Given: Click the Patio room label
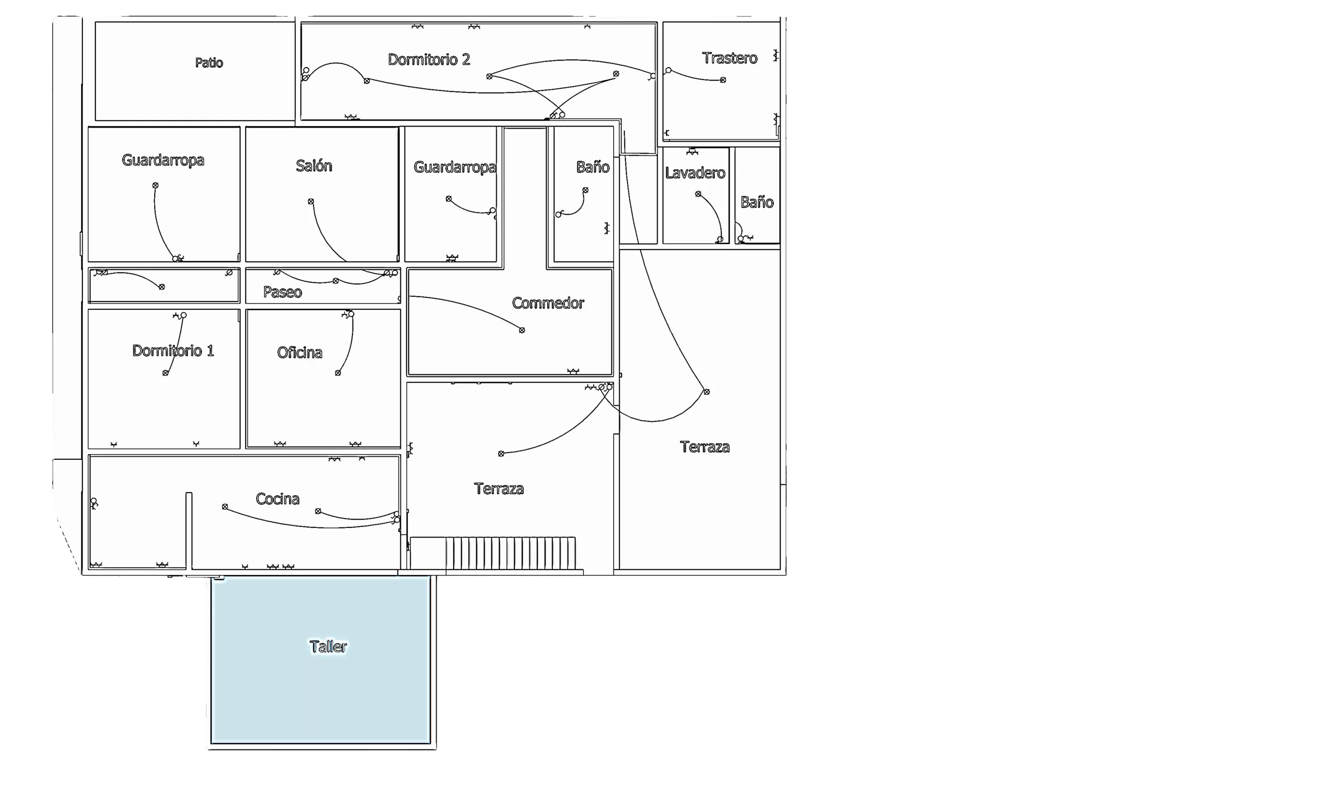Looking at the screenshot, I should click(x=209, y=63).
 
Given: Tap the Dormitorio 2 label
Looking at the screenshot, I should click(x=429, y=60).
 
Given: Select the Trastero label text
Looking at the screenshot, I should click(x=729, y=58).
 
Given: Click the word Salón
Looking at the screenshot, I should click(x=314, y=166).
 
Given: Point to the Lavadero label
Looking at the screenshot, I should click(x=695, y=173).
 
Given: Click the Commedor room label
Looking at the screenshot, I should click(x=548, y=303).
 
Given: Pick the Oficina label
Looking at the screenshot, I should click(x=299, y=353).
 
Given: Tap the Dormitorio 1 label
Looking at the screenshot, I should click(x=173, y=351).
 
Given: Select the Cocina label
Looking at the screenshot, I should click(x=277, y=499).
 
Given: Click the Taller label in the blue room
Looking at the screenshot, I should click(x=328, y=647).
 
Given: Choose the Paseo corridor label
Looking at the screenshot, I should click(x=283, y=292).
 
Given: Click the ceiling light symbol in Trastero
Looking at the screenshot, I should click(x=723, y=80).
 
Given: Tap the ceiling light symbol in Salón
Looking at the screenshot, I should click(x=311, y=202).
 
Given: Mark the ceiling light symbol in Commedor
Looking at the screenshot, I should click(x=522, y=331).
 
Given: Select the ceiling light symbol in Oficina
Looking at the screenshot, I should click(x=337, y=373).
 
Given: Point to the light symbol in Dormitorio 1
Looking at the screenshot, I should click(x=165, y=373).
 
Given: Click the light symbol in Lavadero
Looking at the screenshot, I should click(x=698, y=194).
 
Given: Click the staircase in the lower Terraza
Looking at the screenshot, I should click(x=510, y=553).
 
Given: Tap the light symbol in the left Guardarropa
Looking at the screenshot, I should click(x=155, y=185).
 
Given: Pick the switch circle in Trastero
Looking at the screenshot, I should click(x=669, y=70).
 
